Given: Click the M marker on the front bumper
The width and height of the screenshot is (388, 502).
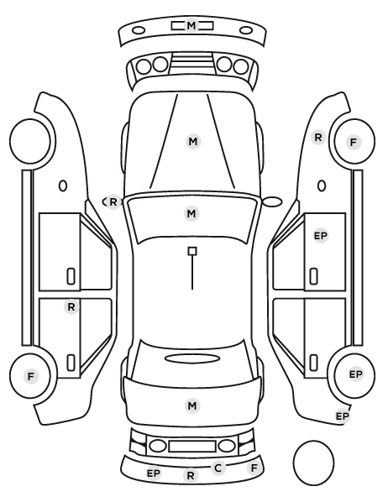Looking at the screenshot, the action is [x=191, y=25].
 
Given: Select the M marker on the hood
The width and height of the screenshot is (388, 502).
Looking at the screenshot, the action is [x=193, y=141].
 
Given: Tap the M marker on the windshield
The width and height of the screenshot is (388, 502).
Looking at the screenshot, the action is [x=191, y=213].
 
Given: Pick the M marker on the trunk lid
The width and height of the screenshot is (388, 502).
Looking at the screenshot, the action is [x=192, y=405].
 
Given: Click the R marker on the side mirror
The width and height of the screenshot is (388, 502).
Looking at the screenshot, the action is [x=113, y=202].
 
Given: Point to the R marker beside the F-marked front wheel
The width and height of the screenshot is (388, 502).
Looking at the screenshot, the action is [x=318, y=138].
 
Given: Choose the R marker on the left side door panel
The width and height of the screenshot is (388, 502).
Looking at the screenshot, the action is [x=71, y=307].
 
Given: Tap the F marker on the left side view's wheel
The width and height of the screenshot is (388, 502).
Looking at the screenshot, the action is [x=31, y=376].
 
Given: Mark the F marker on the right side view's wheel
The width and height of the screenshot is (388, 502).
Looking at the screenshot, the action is [x=354, y=142].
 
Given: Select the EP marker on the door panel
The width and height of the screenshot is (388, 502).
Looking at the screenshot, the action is [x=321, y=236].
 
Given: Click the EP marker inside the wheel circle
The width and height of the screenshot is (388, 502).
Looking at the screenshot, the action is [x=355, y=374].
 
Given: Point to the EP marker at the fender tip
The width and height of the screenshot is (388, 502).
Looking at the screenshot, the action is [x=342, y=416].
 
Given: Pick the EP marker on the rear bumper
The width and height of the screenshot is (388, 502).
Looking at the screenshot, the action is [x=154, y=473].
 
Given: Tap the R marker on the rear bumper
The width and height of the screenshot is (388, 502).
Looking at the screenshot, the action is [x=191, y=475].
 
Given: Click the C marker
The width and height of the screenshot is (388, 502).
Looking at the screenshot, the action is [x=218, y=468].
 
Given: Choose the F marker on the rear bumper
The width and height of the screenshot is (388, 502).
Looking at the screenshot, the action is [x=254, y=468].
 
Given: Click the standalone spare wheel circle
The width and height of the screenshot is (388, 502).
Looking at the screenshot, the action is [x=293, y=463].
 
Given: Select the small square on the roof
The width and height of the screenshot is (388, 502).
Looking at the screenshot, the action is [x=192, y=251].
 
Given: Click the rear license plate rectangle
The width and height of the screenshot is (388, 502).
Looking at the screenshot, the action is [x=192, y=446].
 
